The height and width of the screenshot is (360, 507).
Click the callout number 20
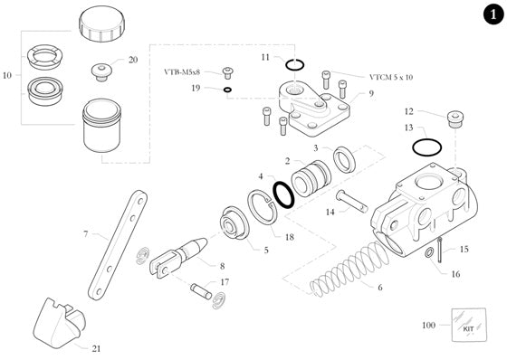pyautogui.click(x=133, y=60)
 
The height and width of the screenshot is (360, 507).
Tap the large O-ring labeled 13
pyautogui.click(x=426, y=147)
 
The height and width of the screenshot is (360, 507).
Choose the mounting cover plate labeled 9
pyautogui.click(x=316, y=108)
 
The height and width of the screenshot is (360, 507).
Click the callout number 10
pyautogui.click(x=9, y=76)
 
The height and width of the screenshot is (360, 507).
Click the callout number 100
pyautogui.click(x=428, y=325)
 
